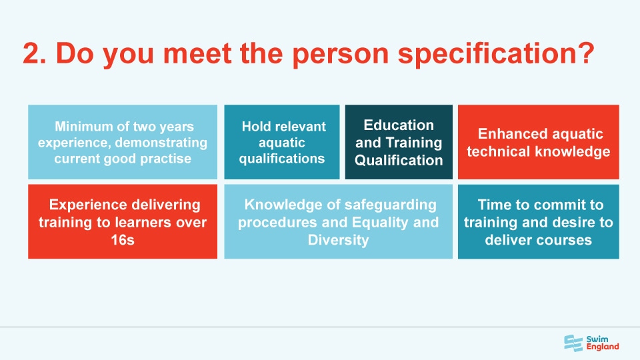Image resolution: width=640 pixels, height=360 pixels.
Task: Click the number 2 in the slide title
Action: point(31,53)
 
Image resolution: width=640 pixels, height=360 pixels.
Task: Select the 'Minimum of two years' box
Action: point(123,141)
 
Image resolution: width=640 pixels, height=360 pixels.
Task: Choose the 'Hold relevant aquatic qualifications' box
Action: point(282,141)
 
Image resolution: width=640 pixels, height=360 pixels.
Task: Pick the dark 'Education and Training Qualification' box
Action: point(399,141)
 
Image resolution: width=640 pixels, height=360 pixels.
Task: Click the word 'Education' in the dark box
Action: point(399,125)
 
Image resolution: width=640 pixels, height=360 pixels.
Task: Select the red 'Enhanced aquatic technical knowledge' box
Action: point(538,141)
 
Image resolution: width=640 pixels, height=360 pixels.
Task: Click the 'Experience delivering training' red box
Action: point(123,221)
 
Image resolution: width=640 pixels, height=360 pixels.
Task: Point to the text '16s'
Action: point(123,240)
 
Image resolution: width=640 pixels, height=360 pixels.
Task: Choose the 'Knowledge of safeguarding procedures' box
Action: point(338,221)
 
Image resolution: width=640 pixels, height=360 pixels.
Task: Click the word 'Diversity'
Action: point(338,240)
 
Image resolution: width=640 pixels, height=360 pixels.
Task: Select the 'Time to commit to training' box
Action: point(538,221)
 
